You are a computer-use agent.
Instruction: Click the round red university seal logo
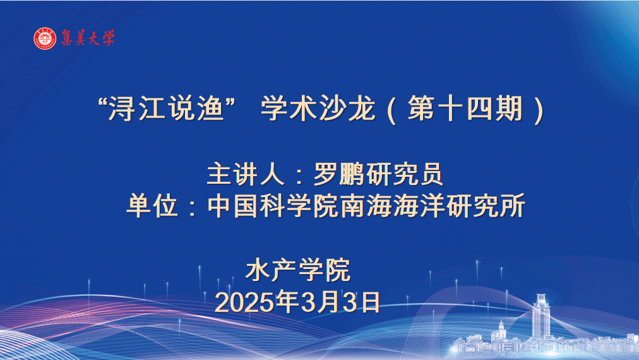(x=45, y=39)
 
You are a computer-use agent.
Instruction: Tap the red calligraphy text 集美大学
(x=88, y=38)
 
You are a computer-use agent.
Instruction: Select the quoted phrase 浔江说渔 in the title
(x=166, y=108)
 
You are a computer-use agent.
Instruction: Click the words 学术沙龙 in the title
(x=318, y=108)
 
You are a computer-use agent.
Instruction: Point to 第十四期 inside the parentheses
(x=465, y=108)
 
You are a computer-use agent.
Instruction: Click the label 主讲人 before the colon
(x=246, y=174)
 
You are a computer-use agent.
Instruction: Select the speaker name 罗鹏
(x=339, y=174)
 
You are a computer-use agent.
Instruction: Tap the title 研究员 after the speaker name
(x=404, y=174)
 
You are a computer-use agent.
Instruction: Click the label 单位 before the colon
(x=152, y=205)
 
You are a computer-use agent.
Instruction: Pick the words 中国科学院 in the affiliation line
(x=273, y=205)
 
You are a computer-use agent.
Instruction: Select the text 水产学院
(x=298, y=270)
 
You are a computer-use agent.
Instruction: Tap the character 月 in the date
(x=329, y=302)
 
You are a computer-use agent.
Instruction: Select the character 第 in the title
(x=421, y=108)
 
